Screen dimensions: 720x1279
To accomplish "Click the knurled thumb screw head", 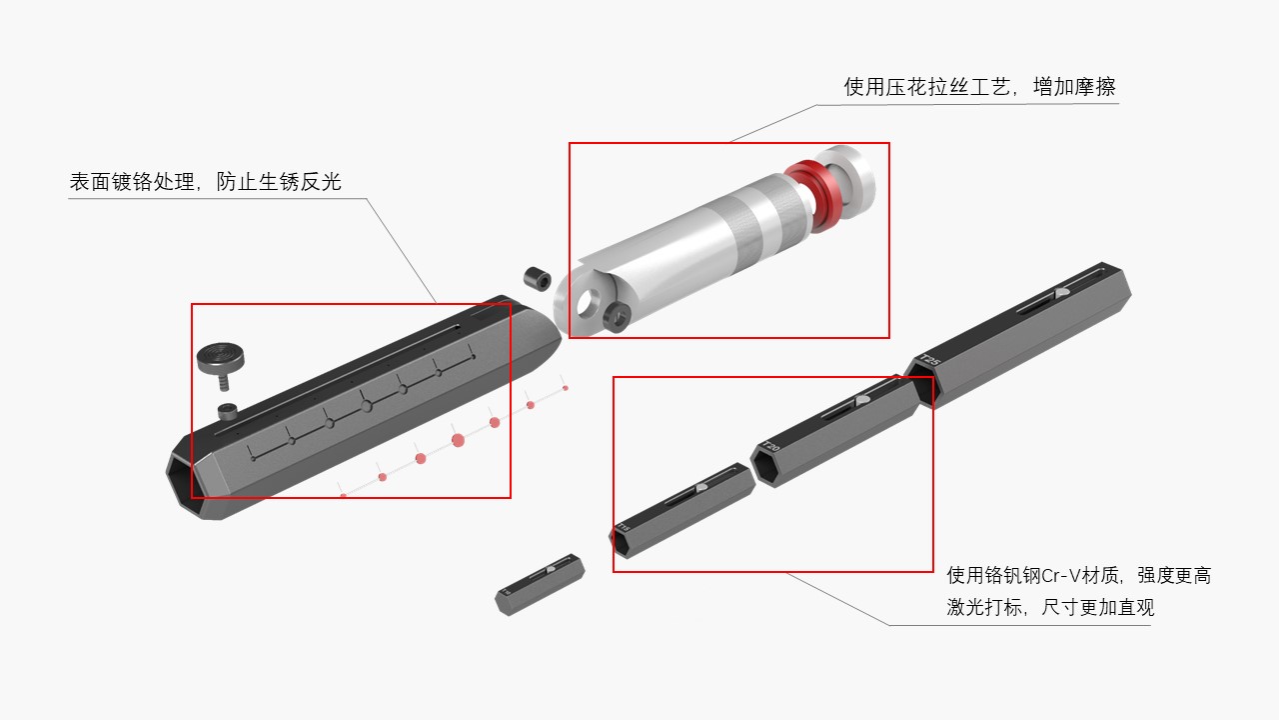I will tap(221, 355).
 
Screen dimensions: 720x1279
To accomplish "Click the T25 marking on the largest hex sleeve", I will tap(929, 361).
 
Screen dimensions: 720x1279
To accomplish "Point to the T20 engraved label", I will tap(769, 447).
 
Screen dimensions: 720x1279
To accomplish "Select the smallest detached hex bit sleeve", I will tap(540, 583).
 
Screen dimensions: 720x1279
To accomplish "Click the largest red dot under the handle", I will tap(458, 440).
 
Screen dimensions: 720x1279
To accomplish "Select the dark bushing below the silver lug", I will tap(616, 318).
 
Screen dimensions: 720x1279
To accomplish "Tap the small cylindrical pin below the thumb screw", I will tap(228, 410).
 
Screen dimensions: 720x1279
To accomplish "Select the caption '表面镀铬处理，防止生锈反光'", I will tap(205, 182).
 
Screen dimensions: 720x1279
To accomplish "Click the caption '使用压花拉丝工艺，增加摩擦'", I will tap(979, 87).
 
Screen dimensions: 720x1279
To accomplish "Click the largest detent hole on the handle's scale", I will tap(367, 405).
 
